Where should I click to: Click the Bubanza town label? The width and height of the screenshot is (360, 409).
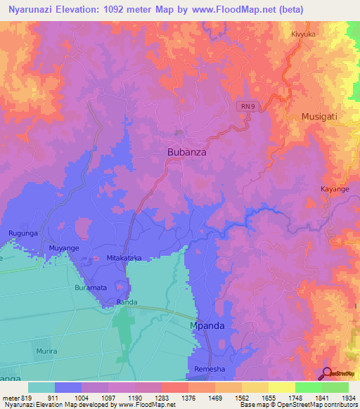pyautogui.click(x=186, y=151)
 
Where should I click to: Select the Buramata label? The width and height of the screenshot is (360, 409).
pyautogui.click(x=91, y=288)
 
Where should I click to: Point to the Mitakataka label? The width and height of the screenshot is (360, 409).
pyautogui.click(x=124, y=258)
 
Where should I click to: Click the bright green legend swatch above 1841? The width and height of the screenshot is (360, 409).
pyautogui.click(x=308, y=387)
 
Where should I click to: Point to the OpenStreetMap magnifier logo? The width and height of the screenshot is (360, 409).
pyautogui.click(x=327, y=374)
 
